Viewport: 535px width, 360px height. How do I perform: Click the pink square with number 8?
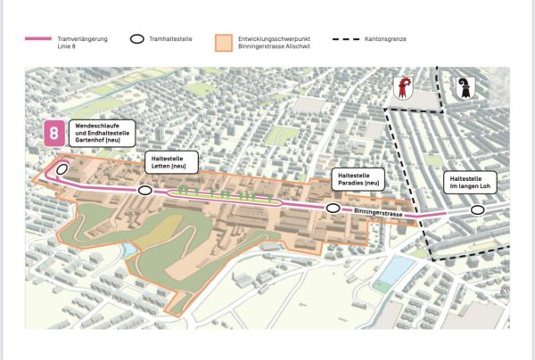pyautogui.click(x=54, y=134)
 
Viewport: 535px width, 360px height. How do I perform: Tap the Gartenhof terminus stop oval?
pyautogui.click(x=62, y=168)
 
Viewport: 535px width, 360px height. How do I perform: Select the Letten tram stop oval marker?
pyautogui.click(x=144, y=190)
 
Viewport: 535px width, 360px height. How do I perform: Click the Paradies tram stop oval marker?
pyautogui.click(x=333, y=208)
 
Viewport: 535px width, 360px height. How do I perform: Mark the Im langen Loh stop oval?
pyautogui.click(x=478, y=210)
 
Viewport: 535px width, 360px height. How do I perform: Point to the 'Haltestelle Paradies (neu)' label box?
pyautogui.click(x=358, y=178)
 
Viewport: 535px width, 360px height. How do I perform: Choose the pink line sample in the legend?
pyautogui.click(x=38, y=39)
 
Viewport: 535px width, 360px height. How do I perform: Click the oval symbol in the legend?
pyautogui.click(x=137, y=39)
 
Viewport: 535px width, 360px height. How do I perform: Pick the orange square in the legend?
pyautogui.click(x=223, y=43)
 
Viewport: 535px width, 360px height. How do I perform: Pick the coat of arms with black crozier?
pyautogui.click(x=464, y=88)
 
